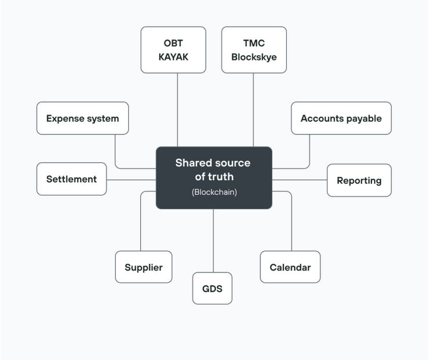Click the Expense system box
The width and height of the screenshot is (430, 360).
pos(82,118)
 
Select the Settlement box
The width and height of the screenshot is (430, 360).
pos(71,179)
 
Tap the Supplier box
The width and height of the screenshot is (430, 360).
pos(144,267)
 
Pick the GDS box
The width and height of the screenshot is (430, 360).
pos(212,289)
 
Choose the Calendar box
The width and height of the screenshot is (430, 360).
pos(290,267)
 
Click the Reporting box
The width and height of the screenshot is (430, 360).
pos(359,180)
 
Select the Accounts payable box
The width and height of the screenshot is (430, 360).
pos(341,118)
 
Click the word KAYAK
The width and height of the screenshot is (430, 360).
pos(173,57)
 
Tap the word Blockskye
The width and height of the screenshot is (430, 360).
pos(254,57)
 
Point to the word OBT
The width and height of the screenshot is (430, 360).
pos(173,43)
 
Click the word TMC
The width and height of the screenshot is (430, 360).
pos(254,43)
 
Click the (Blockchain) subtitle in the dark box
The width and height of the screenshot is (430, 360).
pos(214,192)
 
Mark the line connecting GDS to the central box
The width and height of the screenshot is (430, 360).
pos(213,241)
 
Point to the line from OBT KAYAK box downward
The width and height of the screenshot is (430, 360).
pos(177,110)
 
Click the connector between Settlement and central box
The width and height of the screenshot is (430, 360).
pos(131,180)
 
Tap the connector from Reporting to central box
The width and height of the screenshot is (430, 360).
pos(300,180)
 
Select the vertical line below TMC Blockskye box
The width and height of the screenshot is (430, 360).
pos(253,110)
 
